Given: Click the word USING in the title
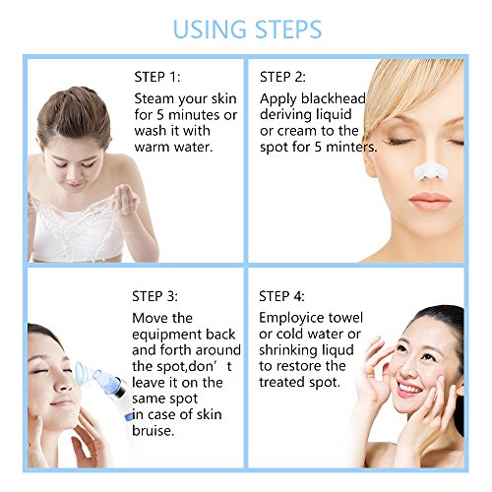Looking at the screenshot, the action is pyautogui.click(x=210, y=30).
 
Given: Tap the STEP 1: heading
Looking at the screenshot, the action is pyautogui.click(x=157, y=77).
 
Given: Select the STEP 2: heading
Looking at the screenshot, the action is pyautogui.click(x=282, y=77).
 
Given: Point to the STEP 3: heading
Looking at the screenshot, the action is pyautogui.click(x=154, y=296).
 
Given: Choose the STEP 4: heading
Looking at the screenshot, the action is pyautogui.click(x=281, y=296).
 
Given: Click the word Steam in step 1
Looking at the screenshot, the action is pyautogui.click(x=154, y=98).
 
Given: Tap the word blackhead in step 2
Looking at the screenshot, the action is pyautogui.click(x=334, y=98).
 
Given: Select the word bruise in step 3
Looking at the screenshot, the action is pyautogui.click(x=152, y=431).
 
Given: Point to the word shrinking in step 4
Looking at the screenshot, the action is pyautogui.click(x=288, y=350).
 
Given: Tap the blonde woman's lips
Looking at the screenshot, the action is pyautogui.click(x=430, y=201).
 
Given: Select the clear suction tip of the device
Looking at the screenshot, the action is pyautogui.click(x=86, y=373).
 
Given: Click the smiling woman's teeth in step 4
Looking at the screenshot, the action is pyautogui.click(x=409, y=389).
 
